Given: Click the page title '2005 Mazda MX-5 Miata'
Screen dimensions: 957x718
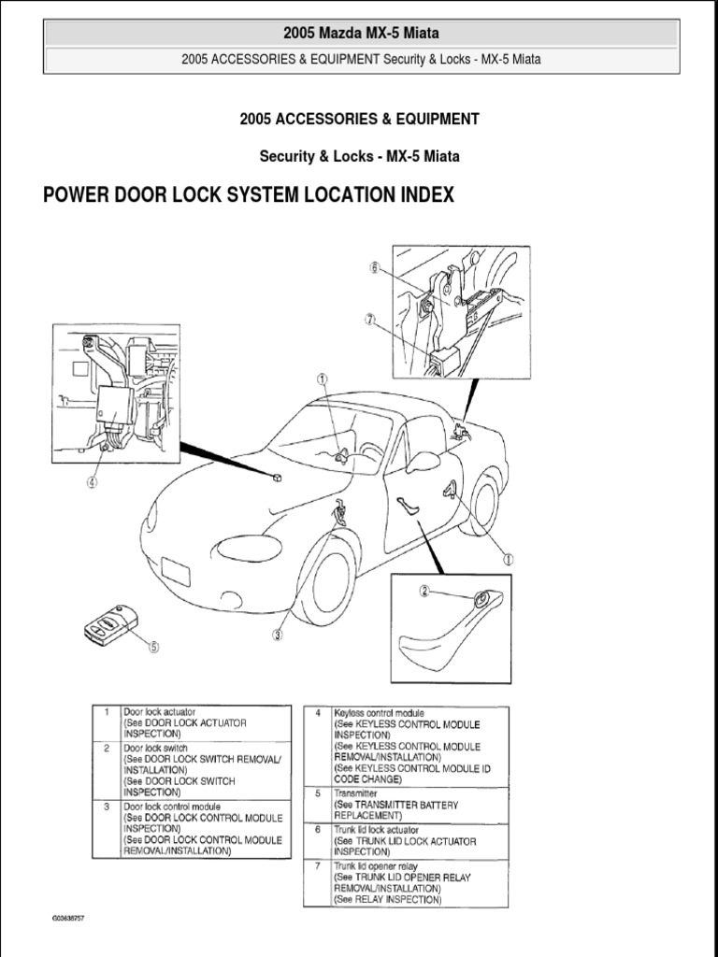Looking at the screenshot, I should point(361,34).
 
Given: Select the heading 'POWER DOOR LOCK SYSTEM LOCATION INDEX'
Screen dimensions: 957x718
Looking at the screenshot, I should point(249,195).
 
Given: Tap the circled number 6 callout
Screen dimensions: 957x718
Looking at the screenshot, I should point(374,267).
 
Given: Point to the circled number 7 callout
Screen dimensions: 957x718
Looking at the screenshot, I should point(371,319).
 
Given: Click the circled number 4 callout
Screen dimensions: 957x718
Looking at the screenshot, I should point(92,483).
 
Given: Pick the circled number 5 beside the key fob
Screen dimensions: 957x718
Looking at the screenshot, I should point(153,645).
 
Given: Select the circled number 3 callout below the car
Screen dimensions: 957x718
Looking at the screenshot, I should point(278,636).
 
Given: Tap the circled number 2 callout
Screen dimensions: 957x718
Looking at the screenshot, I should point(424,591).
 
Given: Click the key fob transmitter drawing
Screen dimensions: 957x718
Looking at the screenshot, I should point(109,624).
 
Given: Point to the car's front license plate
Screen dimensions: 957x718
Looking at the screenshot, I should point(175,570).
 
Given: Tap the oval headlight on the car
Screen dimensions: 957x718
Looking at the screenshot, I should point(249,549).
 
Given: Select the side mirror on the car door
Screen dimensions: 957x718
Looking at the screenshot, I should point(422,463).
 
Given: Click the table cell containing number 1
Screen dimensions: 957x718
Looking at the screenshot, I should point(107,712).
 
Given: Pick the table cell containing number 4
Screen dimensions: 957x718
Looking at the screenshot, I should point(318,713).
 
